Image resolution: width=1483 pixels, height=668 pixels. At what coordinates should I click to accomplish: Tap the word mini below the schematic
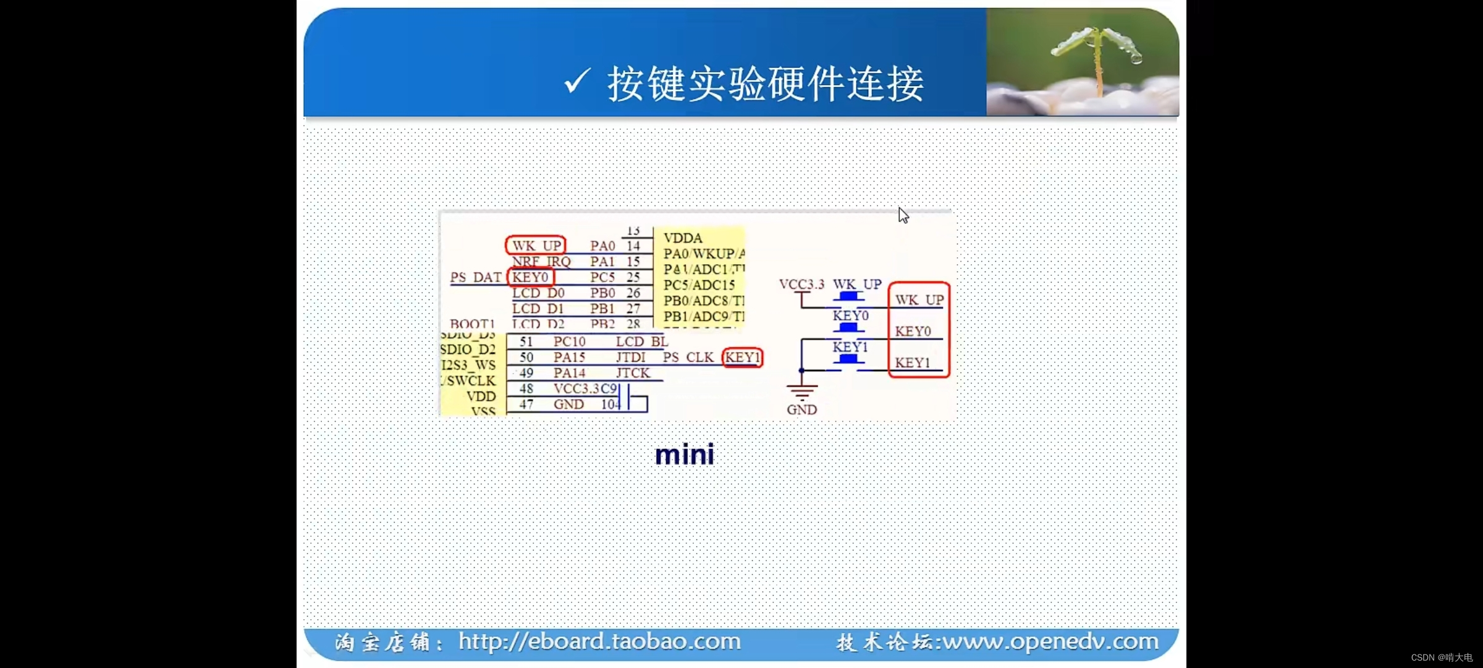coord(684,455)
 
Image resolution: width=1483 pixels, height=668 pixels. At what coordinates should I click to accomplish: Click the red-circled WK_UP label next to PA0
coord(535,246)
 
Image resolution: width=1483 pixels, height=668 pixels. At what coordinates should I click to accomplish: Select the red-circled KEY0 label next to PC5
coord(530,277)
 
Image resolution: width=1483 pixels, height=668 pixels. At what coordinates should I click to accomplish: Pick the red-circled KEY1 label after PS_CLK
coord(742,358)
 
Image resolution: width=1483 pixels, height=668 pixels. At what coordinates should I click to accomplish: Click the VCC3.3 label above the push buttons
coord(801,285)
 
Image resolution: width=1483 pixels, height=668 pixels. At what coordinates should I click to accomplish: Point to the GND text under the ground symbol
coord(801,409)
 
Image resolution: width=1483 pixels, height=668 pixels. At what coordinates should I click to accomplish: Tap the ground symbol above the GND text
coord(801,391)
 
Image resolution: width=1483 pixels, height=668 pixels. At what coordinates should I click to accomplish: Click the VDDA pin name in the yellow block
coord(683,238)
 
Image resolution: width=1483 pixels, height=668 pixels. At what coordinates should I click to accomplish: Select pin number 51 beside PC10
coord(526,341)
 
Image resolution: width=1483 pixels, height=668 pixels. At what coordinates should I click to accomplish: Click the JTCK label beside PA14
coord(633,373)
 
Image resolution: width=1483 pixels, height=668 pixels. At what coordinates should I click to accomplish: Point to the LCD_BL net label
coord(641,341)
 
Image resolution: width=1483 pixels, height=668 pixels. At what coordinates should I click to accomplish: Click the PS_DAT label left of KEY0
coord(475,277)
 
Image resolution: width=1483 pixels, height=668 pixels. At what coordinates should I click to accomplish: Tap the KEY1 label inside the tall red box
coord(912,362)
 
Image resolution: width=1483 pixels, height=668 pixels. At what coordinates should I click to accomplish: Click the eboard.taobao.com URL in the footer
coord(599,641)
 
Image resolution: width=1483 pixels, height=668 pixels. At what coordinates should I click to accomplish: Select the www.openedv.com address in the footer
coord(1050,641)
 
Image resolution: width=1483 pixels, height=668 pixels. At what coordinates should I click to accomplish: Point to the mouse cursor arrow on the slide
coord(903,215)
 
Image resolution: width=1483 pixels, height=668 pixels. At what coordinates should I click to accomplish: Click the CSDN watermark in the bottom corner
coord(1441,657)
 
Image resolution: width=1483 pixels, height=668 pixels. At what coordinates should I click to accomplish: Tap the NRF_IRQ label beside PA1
coord(541,262)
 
